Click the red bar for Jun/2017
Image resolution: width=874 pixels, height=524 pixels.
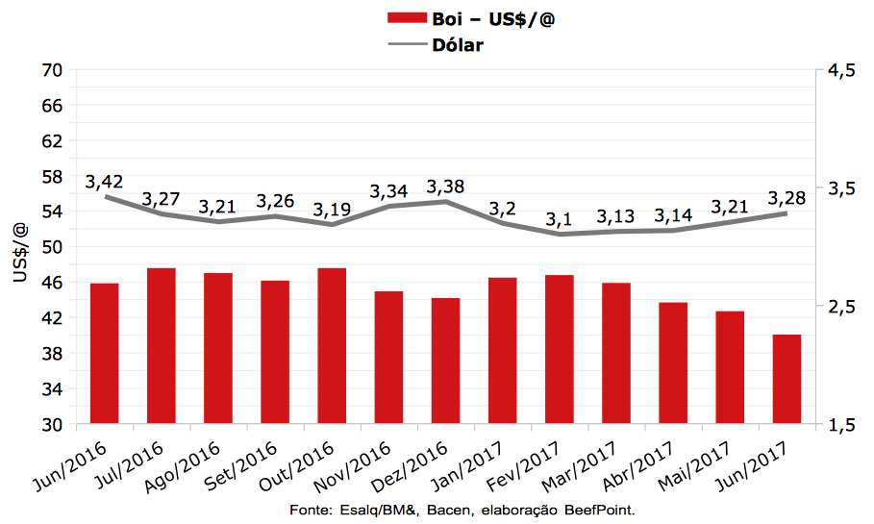787,379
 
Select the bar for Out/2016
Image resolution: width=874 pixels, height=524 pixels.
332,346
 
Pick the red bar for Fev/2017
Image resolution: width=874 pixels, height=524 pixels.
559,349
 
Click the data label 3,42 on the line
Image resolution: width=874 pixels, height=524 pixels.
104,182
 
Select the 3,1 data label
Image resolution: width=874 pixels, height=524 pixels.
559,220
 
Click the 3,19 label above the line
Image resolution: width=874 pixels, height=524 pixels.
332,210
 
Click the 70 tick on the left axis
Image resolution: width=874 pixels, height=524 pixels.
52,70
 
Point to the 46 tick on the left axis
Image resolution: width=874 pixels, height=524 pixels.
52,283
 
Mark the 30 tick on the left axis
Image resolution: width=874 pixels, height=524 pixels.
52,424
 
